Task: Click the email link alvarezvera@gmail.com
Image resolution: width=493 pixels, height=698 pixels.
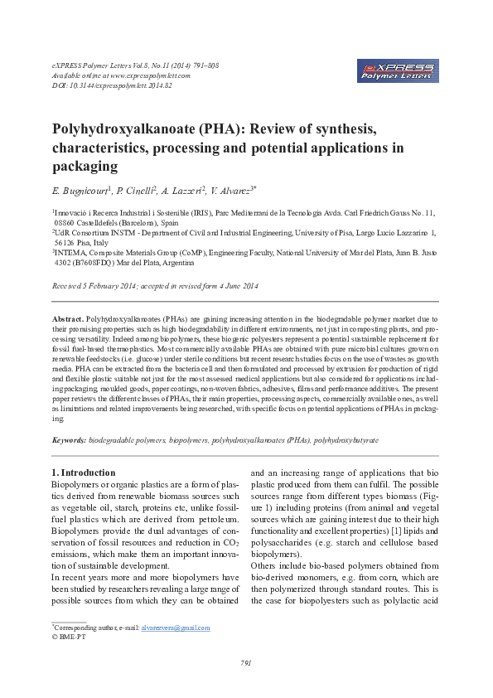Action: pyautogui.click(x=176, y=628)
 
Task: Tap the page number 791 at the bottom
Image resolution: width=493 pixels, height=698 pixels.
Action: pyautogui.click(x=245, y=662)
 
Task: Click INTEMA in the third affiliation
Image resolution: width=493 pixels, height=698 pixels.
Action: pyautogui.click(x=70, y=251)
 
